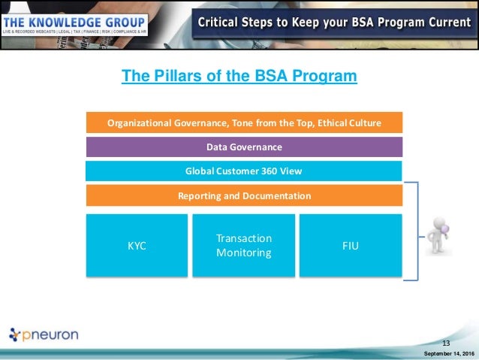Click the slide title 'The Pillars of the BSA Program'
239,77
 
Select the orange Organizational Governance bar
244,123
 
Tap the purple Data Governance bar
244,147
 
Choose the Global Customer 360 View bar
244,171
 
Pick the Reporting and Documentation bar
244,195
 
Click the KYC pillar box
137,245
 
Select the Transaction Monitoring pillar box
244,245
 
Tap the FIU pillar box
351,245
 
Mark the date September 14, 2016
449,353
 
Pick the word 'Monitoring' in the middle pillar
244,253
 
